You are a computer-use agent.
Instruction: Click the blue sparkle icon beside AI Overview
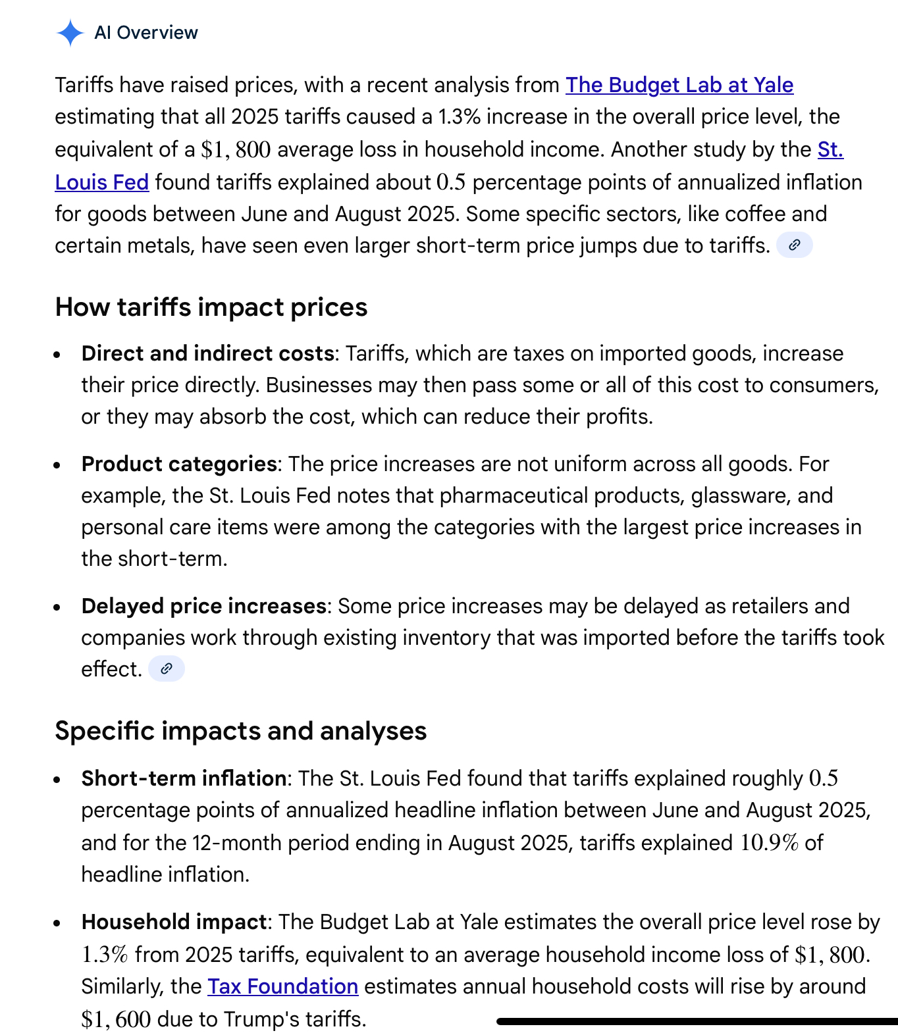70,33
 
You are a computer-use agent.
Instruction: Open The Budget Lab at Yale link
679,85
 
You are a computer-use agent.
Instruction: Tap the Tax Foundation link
282,986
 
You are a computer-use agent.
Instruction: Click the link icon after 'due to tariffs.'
795,245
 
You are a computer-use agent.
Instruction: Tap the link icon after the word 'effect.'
167,669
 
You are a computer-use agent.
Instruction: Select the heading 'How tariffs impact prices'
211,307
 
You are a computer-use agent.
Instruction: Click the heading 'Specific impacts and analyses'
240,731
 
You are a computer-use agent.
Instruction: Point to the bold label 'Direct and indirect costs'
207,353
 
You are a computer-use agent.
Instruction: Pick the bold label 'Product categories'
178,464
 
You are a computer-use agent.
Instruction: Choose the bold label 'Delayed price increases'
203,606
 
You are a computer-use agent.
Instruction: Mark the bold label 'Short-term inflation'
184,778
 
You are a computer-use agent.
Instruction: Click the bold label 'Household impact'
174,922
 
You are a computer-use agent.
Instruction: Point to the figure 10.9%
769,843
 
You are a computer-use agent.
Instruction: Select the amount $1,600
116,1019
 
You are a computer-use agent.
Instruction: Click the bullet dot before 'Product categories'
57,465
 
